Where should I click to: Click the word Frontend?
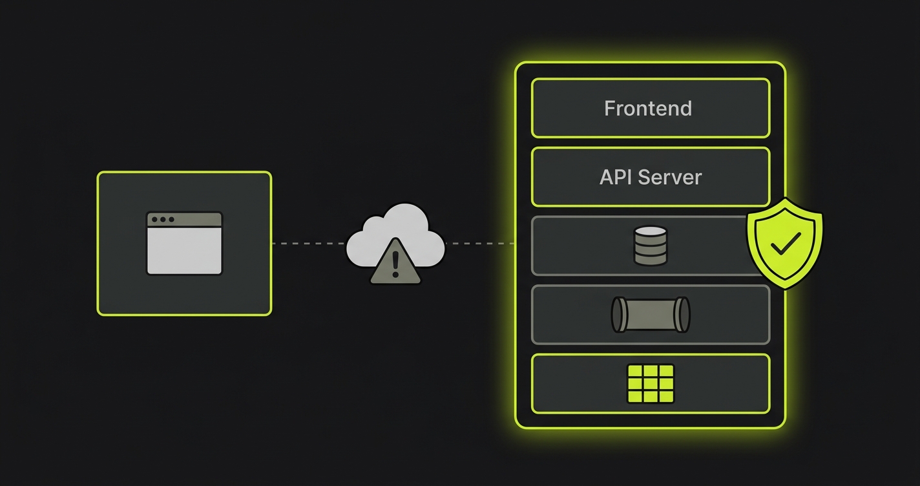648,109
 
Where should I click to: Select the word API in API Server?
616,177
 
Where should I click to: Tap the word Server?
670,177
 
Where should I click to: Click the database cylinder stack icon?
651,246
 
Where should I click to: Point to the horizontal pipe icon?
651,315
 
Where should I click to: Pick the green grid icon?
651,384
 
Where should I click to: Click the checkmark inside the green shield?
786,243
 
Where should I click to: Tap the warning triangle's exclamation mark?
395,264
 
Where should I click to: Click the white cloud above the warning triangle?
395,234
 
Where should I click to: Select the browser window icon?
184,243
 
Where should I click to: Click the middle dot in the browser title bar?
163,219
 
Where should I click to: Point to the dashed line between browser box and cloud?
309,244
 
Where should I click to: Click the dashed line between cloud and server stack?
480,244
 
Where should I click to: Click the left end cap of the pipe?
618,315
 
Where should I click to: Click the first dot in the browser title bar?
154,219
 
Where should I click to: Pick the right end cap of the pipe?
683,315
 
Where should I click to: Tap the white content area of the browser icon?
184,250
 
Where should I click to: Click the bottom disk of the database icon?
651,259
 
